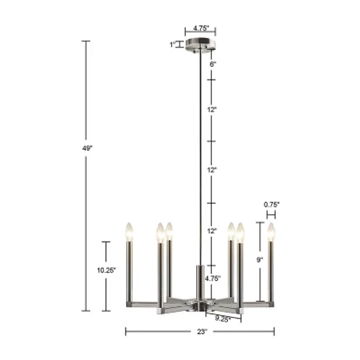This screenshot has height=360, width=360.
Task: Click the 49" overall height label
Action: [87, 148]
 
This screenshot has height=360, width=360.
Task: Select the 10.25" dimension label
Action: [106, 270]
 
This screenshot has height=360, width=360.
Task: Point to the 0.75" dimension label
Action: [271, 204]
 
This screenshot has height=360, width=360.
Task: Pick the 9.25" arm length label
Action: [222, 319]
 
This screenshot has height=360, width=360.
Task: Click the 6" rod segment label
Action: [213, 64]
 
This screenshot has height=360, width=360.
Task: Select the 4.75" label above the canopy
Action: [200, 28]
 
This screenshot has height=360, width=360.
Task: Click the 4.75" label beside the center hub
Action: [212, 278]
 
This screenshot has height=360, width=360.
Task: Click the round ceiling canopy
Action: [200, 45]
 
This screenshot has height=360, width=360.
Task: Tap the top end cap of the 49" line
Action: [85, 41]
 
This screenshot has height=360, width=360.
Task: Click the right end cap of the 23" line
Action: [274, 332]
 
